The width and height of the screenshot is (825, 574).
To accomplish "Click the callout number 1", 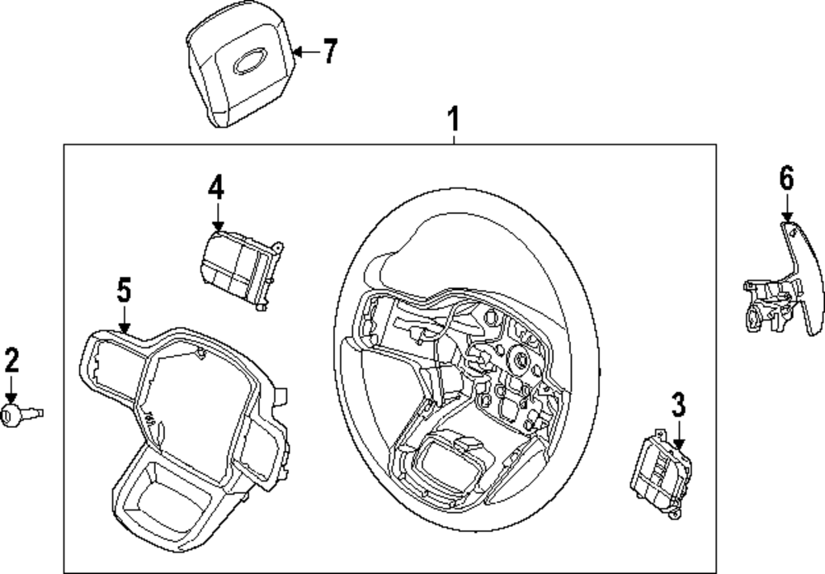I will (x=452, y=120).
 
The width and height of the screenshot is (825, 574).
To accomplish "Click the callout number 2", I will (x=12, y=361).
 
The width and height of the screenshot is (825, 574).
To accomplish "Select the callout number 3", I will (x=678, y=405).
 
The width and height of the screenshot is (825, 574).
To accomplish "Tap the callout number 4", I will (x=215, y=187).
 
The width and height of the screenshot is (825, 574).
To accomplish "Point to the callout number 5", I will (x=123, y=290).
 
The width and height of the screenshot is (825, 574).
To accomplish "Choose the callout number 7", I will (x=329, y=53).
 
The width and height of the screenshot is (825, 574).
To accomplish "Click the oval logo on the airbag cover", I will (x=249, y=64).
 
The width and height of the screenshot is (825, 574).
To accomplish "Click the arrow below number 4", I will (x=216, y=216).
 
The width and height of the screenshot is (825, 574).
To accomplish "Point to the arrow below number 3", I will (x=678, y=434).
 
